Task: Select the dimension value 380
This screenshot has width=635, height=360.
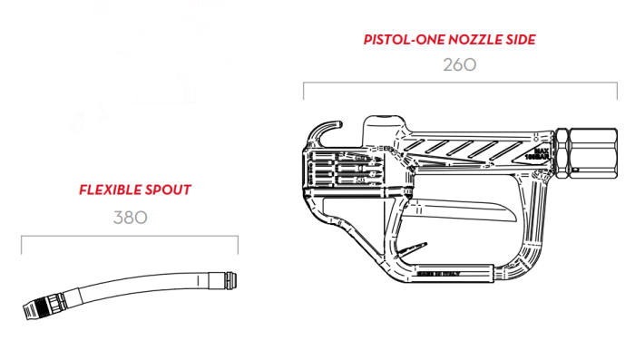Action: point(130,218)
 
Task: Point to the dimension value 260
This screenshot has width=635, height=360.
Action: point(459,65)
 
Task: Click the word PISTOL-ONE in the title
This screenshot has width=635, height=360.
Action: point(402,40)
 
